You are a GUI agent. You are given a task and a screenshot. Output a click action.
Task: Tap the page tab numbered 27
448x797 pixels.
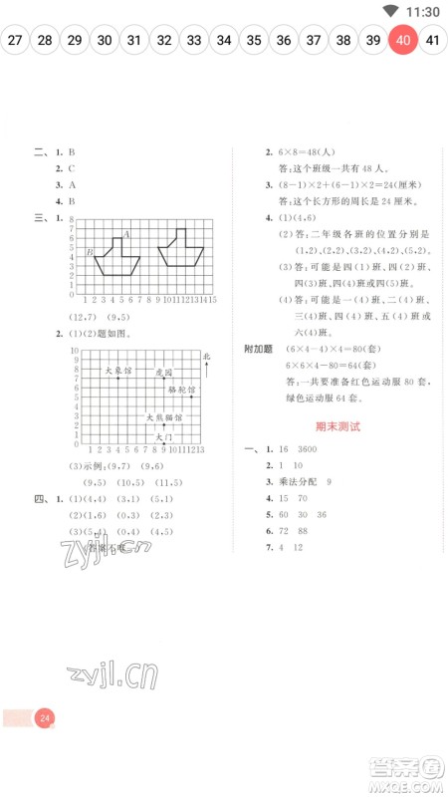pos(15,41)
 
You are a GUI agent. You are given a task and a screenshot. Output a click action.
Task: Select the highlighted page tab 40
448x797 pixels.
pos(402,41)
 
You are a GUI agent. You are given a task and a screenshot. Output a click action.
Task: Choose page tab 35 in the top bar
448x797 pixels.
pos(254,41)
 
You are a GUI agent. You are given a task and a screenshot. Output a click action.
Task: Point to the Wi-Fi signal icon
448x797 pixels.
pos(389,11)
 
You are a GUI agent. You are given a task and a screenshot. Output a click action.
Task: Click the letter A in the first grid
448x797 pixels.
pos(126,234)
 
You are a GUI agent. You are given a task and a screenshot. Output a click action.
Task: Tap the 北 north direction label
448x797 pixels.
pos(207,356)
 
